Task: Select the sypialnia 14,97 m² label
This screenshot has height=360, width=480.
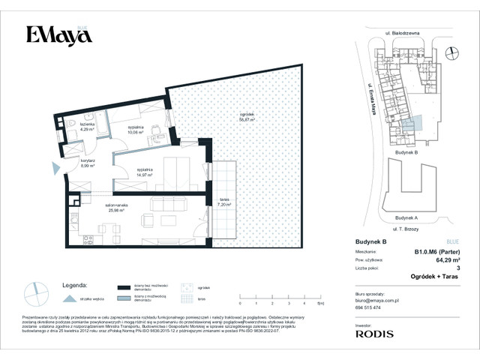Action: (145, 172)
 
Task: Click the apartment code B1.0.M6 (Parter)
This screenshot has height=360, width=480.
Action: (436, 251)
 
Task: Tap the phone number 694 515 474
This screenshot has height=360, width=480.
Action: (367, 307)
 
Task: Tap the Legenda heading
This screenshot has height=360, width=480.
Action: (76, 285)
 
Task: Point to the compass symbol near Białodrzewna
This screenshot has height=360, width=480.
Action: (451, 52)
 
